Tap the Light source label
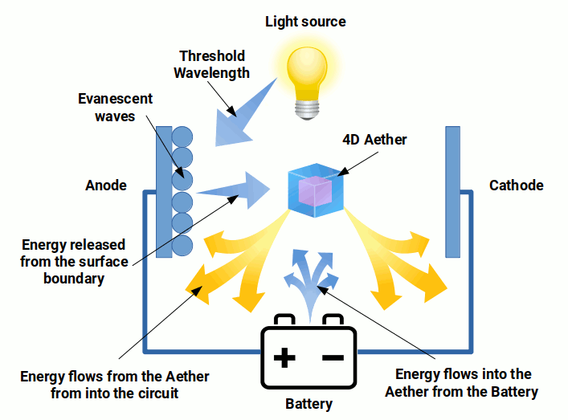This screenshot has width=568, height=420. point(305,21)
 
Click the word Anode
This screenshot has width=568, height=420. point(106,186)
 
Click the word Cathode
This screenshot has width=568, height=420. point(516,186)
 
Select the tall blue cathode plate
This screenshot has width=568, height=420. point(452,191)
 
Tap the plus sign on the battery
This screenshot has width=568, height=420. point(284,357)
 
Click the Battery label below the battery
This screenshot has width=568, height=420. point(309,403)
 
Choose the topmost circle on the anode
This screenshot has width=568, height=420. point(182,136)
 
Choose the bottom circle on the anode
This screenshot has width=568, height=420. point(182,244)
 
